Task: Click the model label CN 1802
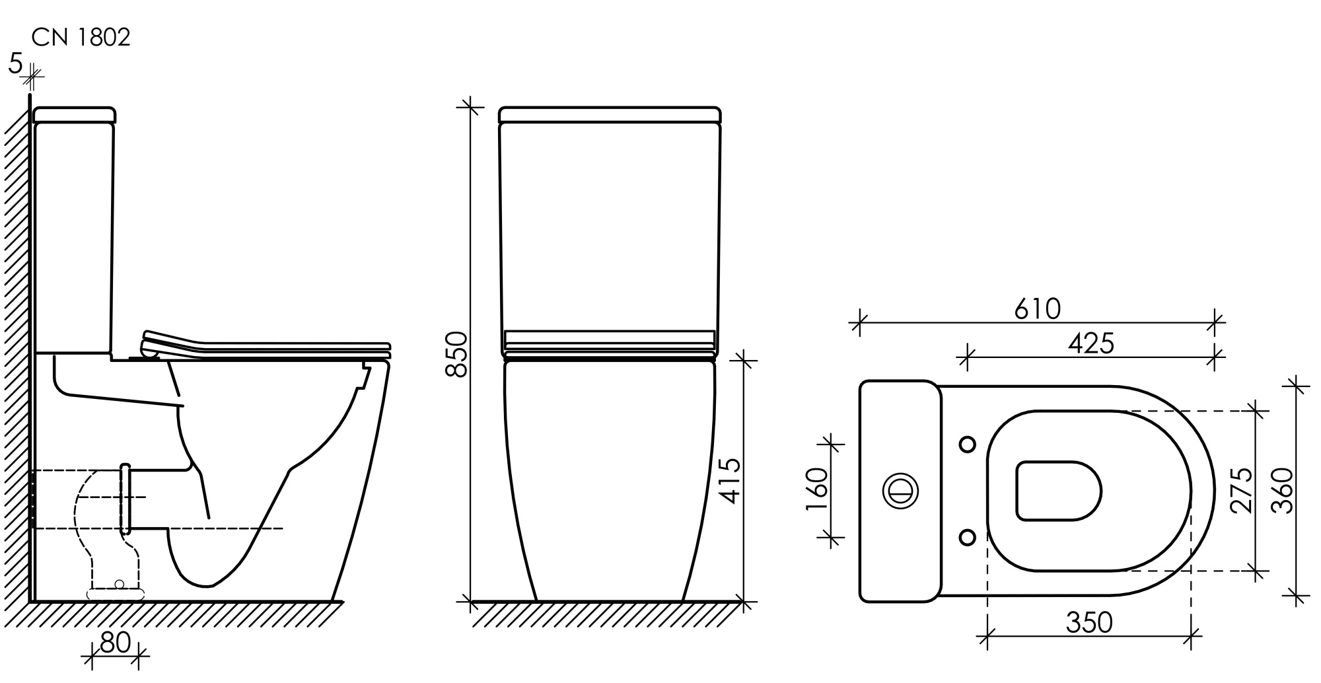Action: point(81,38)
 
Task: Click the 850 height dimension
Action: point(456,355)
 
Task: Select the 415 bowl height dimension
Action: point(731,481)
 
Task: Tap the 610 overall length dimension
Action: point(1038,308)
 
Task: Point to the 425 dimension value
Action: point(1091,343)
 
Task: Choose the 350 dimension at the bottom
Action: point(1089,622)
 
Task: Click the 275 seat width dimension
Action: point(1241,490)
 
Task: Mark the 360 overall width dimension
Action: point(1282,490)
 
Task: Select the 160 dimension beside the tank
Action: point(818,489)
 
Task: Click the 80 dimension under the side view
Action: point(116,643)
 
